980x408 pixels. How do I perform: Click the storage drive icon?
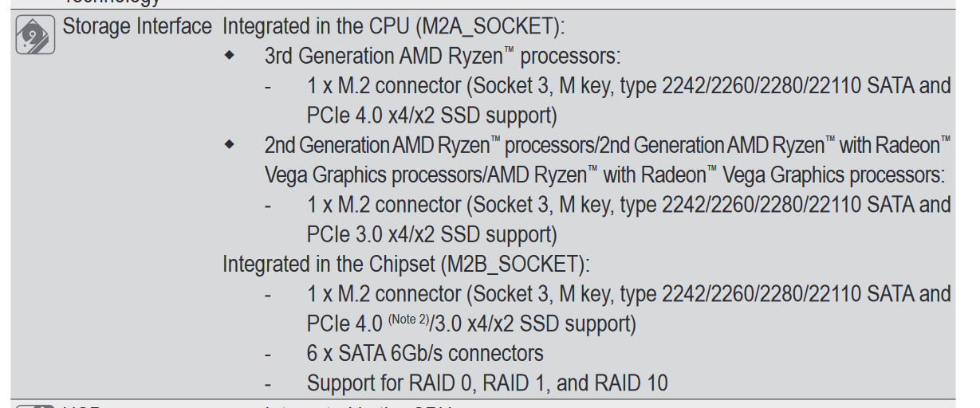tap(35, 35)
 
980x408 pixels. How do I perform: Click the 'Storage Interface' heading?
tap(137, 26)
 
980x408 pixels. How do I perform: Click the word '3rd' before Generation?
tap(280, 57)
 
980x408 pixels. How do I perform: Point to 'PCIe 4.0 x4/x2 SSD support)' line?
tap(431, 116)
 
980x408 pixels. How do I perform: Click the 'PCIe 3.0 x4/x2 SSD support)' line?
tap(431, 234)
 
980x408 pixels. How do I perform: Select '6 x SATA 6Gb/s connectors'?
tap(425, 353)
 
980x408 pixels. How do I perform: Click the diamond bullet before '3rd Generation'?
tap(230, 57)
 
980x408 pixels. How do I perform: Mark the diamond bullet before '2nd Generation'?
tap(230, 145)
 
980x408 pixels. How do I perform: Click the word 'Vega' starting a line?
tap(285, 175)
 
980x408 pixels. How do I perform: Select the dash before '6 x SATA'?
tap(270, 353)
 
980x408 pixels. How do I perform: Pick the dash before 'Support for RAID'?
tap(270, 383)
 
